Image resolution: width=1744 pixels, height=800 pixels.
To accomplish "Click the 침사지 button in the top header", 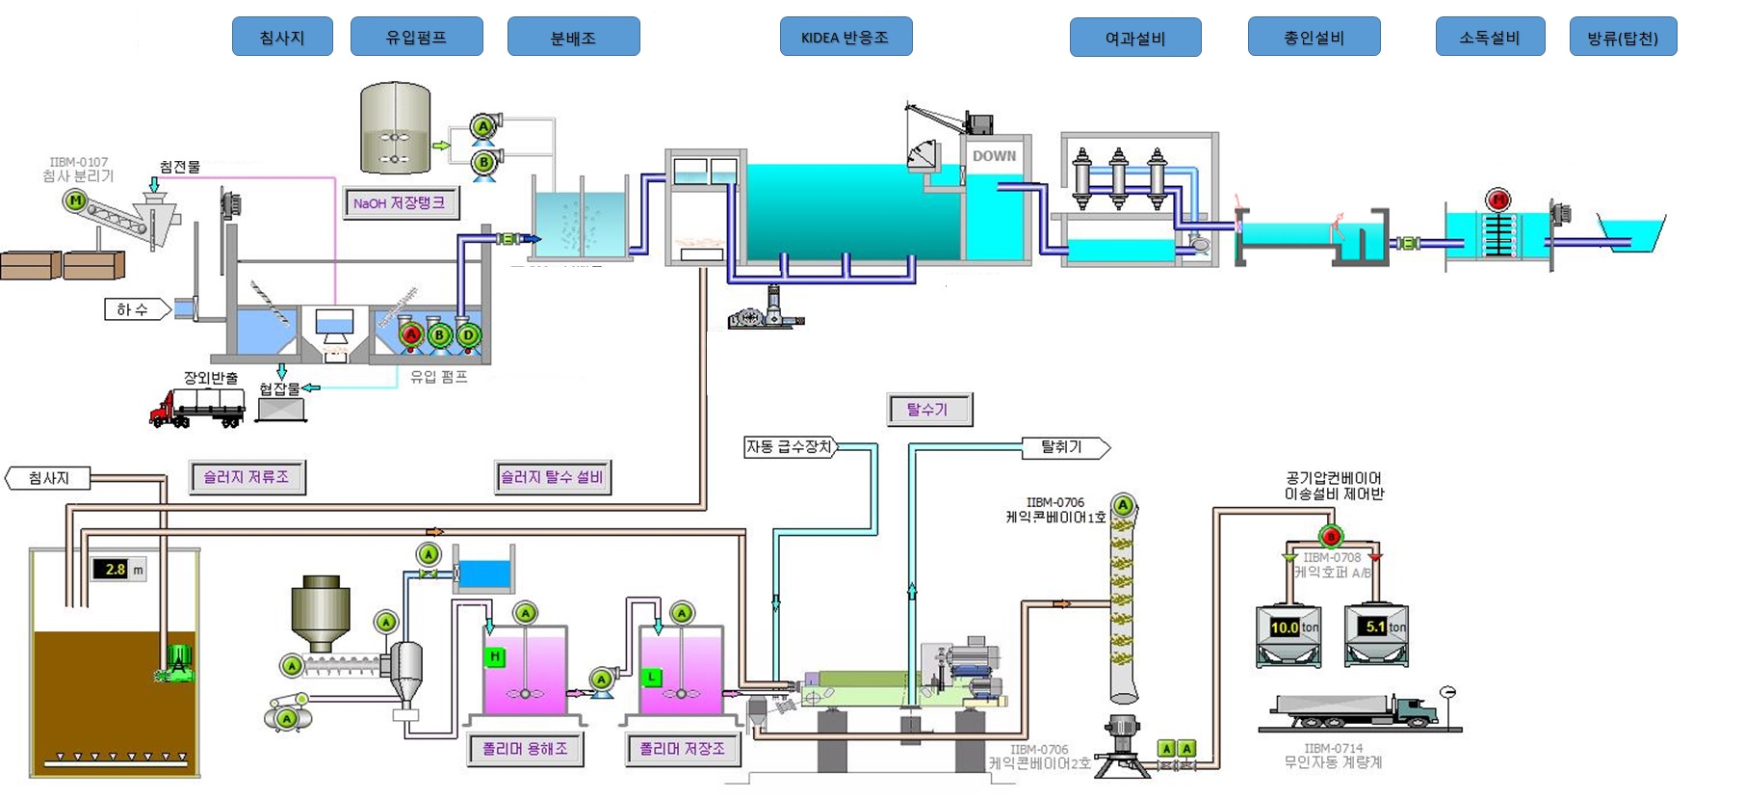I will pos(282,38).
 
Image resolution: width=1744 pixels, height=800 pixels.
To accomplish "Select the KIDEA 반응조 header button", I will pos(846,38).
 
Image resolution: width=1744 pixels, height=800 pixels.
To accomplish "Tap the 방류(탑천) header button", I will pos(1623,38).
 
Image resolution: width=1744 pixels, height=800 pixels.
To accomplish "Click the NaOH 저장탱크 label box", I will pos(400,203).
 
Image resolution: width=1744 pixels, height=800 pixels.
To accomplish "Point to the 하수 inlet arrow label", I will pos(136,309).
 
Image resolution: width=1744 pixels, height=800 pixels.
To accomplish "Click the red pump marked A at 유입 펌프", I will pos(411,334).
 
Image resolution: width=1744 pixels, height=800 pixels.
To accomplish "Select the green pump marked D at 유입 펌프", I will pos(468,334).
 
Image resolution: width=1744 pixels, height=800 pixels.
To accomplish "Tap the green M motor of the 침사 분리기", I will pos(74,200).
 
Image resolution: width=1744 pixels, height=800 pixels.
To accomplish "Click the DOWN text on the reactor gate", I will pos(994,156).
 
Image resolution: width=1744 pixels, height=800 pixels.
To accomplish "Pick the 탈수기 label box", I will pos(928,410).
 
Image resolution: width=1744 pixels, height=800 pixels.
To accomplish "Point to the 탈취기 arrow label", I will pos(1063,447).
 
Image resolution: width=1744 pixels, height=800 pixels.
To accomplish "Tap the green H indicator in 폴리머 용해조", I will pos(494,657).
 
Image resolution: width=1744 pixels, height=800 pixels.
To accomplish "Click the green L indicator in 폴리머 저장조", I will pos(652,678).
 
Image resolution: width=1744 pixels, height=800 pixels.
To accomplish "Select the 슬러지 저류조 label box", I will pos(247,477).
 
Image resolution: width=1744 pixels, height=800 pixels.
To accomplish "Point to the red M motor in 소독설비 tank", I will pos(1497,200).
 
